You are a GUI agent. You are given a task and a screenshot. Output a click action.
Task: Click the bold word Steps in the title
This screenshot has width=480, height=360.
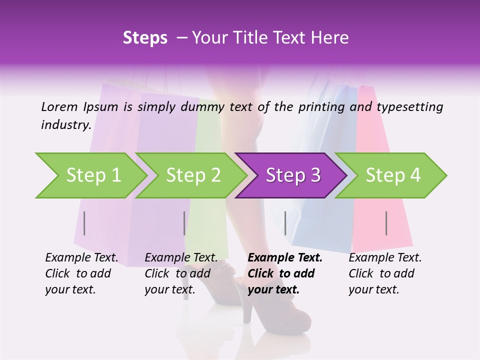click(x=145, y=38)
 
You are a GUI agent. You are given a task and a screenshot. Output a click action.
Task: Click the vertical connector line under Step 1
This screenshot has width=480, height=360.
click(x=84, y=223)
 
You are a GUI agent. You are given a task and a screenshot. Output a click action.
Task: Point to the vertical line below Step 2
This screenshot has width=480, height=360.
click(x=184, y=223)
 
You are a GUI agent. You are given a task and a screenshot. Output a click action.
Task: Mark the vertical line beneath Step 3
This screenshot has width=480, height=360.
click(x=285, y=223)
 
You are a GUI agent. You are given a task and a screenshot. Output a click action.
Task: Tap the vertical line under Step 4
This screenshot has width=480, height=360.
click(x=386, y=223)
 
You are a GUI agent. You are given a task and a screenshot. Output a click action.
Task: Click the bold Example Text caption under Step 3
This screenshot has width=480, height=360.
click(x=285, y=273)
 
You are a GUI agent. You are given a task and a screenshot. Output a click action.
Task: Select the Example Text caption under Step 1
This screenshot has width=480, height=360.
click(x=82, y=273)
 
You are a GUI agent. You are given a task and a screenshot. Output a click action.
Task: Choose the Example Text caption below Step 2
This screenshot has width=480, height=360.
click(x=181, y=273)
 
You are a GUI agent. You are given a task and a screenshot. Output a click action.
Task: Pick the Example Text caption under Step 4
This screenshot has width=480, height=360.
click(x=385, y=273)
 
